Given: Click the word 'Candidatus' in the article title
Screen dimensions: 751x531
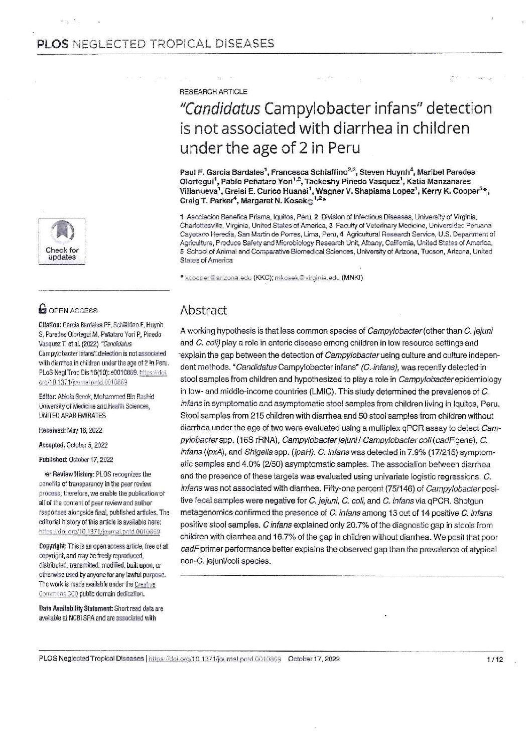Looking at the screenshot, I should click(221, 108).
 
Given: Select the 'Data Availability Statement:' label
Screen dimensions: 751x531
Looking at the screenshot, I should click(78, 609).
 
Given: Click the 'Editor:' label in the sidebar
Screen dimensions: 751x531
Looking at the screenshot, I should click(49, 395).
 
